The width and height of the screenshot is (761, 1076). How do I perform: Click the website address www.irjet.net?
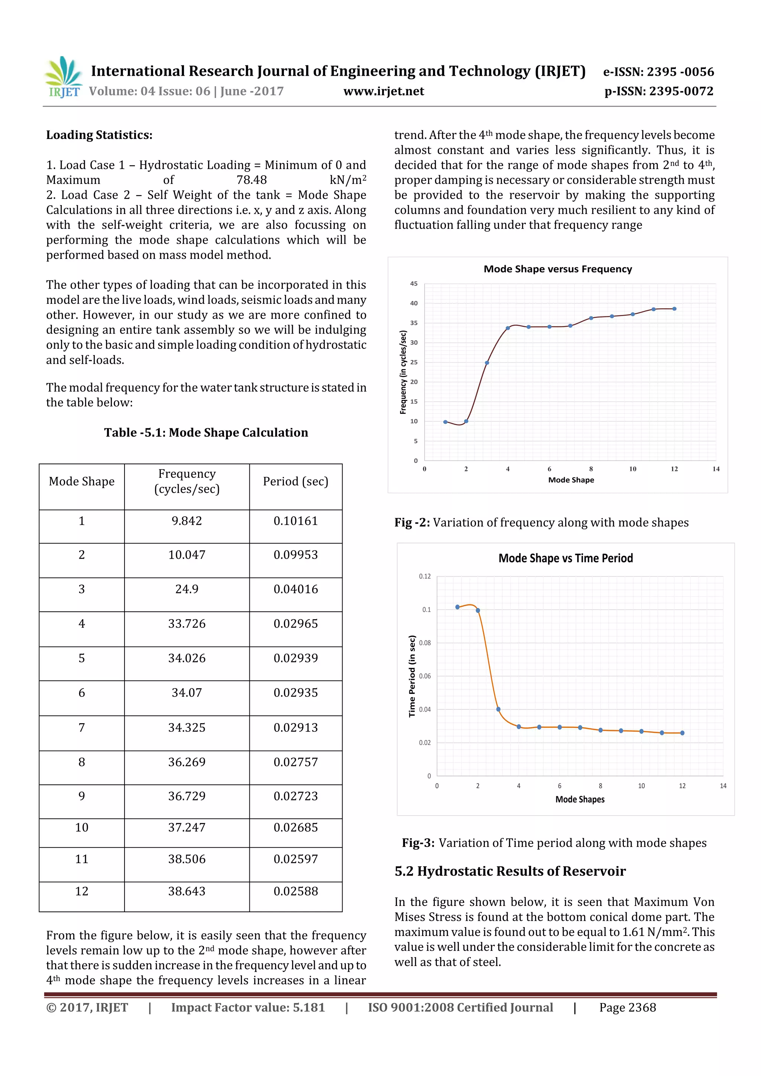click(383, 91)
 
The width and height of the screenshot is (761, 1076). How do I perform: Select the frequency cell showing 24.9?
click(187, 589)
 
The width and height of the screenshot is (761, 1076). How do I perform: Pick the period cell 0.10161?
click(295, 521)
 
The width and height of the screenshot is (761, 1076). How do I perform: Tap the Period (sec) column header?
click(295, 482)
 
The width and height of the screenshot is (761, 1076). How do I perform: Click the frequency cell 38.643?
click(187, 891)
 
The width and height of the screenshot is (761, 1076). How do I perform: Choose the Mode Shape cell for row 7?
click(82, 728)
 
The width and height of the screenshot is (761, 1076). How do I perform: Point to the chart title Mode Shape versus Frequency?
click(557, 269)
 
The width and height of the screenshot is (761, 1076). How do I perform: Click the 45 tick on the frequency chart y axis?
click(414, 283)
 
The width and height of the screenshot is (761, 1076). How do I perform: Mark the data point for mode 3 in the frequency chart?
click(487, 363)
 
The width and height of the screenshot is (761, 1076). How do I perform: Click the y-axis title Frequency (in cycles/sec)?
click(403, 373)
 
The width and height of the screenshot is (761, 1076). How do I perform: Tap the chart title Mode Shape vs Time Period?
click(566, 558)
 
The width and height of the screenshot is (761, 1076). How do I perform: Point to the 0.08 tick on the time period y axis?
click(425, 643)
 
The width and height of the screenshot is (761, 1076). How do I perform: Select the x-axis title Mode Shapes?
click(580, 800)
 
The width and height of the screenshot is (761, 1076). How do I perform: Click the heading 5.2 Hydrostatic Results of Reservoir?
click(510, 871)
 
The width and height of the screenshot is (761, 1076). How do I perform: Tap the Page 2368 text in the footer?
click(627, 1008)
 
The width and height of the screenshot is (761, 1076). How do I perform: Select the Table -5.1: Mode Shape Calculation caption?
click(206, 433)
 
